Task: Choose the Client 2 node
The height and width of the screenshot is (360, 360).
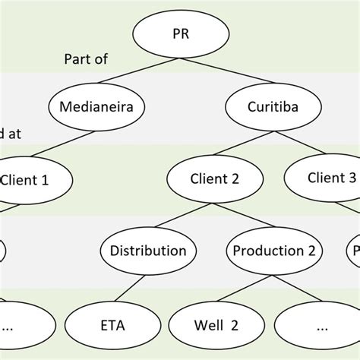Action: [215, 179]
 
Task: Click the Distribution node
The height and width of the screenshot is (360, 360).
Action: [148, 251]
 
